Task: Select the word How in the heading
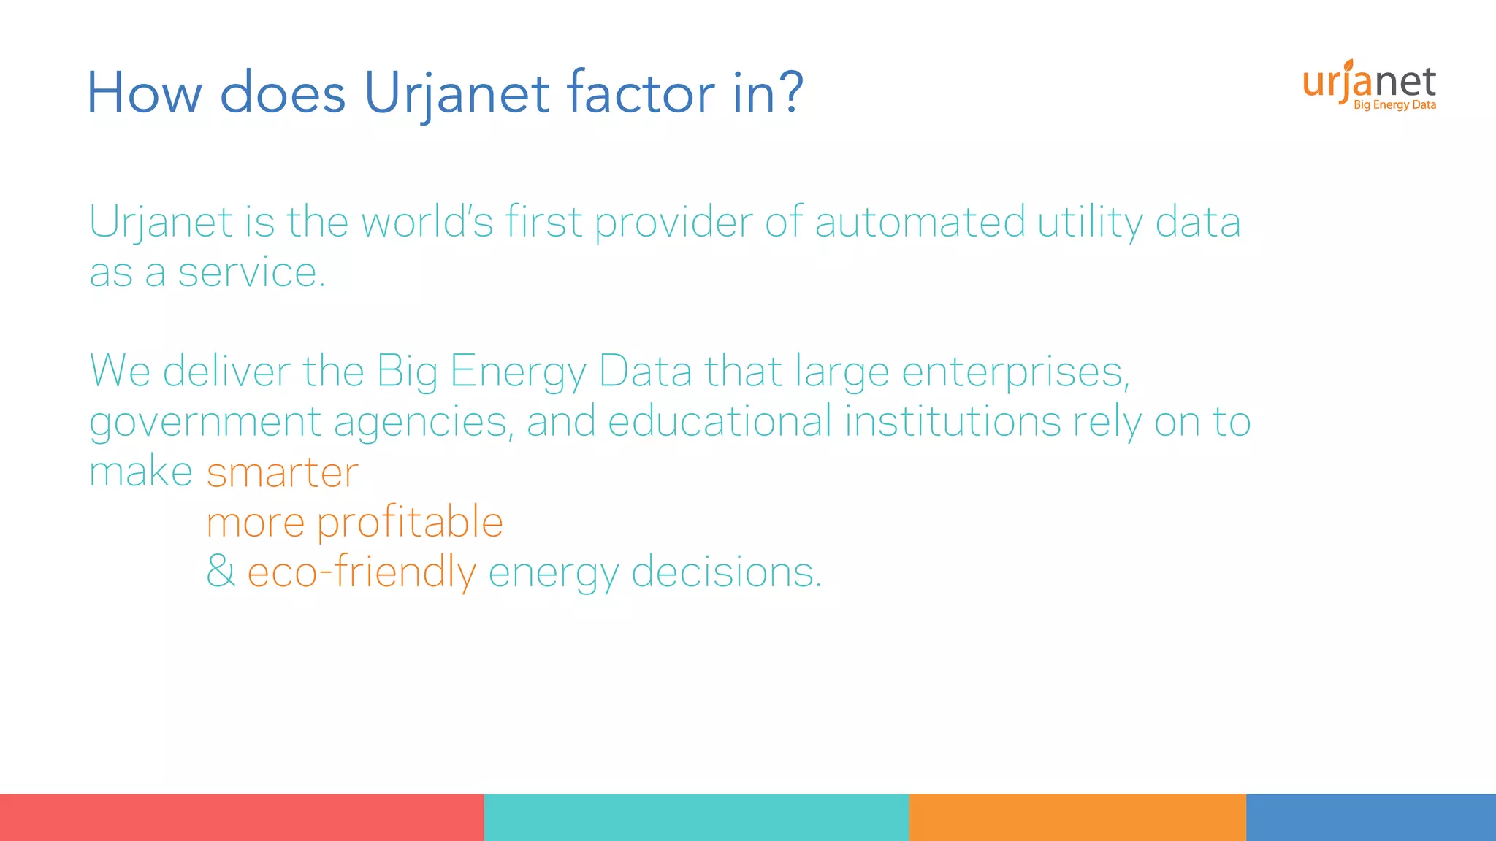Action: [x=144, y=93]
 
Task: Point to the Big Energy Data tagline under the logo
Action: [x=1394, y=105]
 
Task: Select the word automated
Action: [x=920, y=222]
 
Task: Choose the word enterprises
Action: [x=1015, y=372]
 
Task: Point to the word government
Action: [x=205, y=423]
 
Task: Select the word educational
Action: [x=720, y=421]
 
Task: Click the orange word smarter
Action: [x=283, y=472]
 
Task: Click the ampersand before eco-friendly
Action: [x=221, y=571]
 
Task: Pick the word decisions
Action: [x=726, y=572]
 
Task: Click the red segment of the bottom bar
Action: [x=242, y=817]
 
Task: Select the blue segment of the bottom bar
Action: [x=1370, y=817]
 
